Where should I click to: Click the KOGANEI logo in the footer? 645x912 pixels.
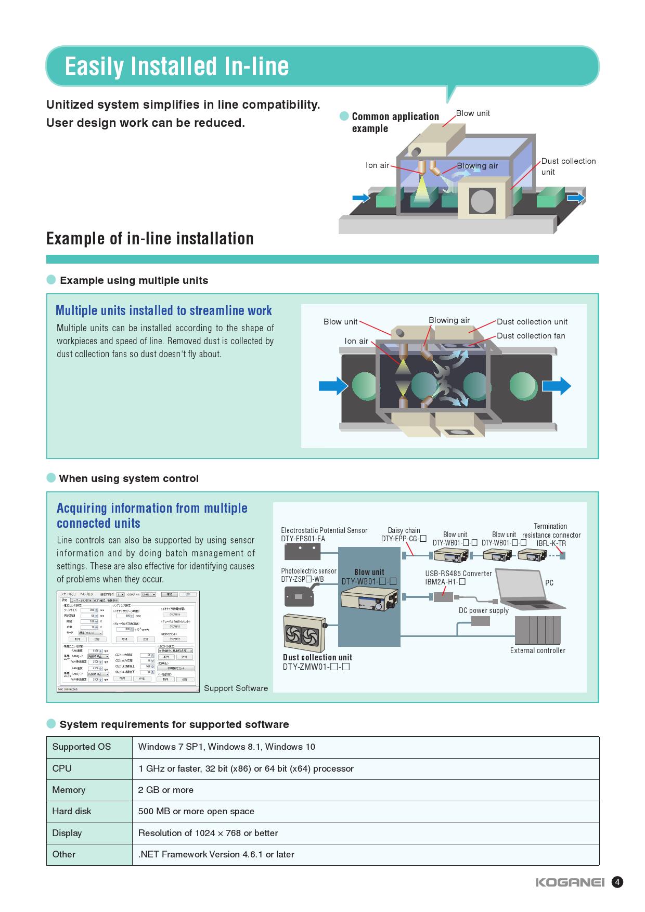click(570, 882)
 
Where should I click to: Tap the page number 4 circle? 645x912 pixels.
click(617, 882)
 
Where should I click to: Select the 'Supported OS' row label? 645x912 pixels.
click(82, 747)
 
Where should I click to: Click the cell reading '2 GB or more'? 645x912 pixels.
click(166, 790)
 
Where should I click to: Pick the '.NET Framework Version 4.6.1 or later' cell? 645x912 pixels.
click(216, 854)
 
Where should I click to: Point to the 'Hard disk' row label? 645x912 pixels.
click(72, 811)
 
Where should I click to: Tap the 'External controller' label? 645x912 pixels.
click(537, 650)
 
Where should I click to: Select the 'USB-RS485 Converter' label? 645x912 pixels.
click(458, 574)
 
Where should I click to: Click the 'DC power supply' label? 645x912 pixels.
click(483, 610)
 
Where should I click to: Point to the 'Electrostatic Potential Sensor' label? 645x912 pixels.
click(324, 530)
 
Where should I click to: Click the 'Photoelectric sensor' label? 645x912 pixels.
click(308, 571)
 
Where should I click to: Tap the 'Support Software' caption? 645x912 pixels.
click(236, 688)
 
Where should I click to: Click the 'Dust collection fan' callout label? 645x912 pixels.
click(531, 336)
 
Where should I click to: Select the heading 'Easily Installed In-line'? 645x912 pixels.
click(176, 67)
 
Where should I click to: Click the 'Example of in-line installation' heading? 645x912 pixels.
click(150, 239)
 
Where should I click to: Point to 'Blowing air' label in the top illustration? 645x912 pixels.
click(477, 166)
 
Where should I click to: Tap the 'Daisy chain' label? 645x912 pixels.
click(404, 530)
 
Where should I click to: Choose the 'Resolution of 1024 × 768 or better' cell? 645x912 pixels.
click(208, 833)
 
